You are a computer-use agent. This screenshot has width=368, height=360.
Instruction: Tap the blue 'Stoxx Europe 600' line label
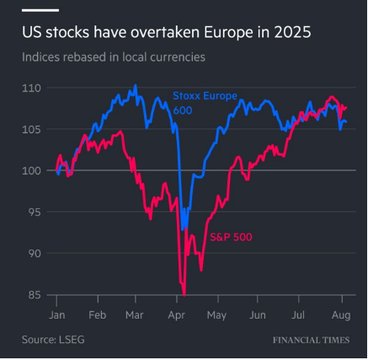click(x=205, y=102)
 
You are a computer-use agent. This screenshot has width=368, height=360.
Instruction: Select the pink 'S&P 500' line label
click(x=230, y=236)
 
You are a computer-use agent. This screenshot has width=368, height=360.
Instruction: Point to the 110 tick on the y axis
click(x=31, y=88)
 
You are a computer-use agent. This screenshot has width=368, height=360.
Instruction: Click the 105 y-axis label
click(x=31, y=129)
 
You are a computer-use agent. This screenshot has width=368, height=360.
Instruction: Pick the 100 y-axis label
click(x=31, y=170)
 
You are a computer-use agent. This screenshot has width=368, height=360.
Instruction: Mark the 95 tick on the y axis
click(x=33, y=212)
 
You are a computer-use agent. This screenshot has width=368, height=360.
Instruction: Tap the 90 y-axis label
click(x=33, y=253)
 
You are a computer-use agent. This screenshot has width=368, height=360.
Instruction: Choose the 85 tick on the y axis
click(x=33, y=294)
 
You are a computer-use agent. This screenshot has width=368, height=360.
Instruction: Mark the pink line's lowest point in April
click(x=184, y=293)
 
